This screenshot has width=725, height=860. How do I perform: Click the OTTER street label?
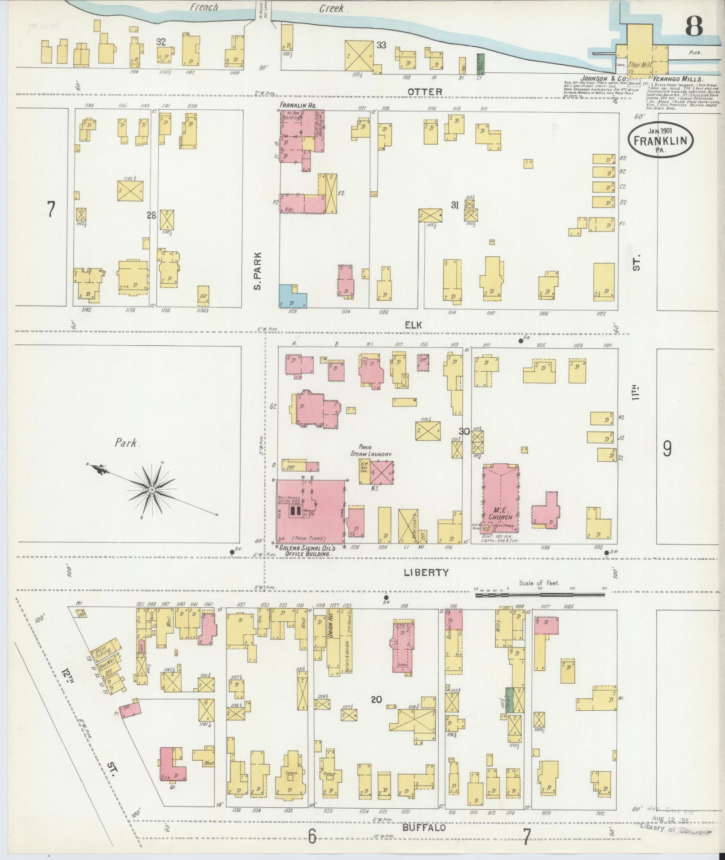click(x=425, y=92)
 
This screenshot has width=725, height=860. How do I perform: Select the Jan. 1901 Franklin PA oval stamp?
click(x=660, y=140)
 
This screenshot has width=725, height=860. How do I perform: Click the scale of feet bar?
click(x=539, y=595)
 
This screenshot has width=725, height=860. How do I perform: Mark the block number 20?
click(x=376, y=712)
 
